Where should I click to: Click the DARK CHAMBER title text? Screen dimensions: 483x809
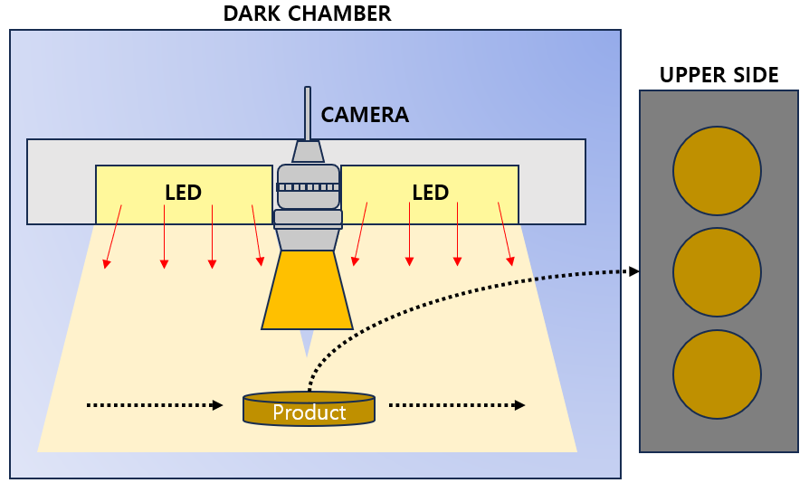coord(308,14)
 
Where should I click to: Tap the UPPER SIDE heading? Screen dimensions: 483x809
coord(719,75)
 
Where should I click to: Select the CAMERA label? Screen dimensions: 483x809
coord(365,115)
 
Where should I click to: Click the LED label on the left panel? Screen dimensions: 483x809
coord(183,193)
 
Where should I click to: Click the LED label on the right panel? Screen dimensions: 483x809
coord(430,193)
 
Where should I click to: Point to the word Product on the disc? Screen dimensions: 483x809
coord(309,412)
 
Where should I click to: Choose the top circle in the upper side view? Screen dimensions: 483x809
coord(717,171)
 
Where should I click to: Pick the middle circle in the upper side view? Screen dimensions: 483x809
coord(717,272)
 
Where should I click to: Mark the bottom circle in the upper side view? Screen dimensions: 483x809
coord(717,374)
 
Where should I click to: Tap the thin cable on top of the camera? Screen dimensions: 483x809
coord(308,113)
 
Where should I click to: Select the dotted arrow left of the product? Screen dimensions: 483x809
coord(154,405)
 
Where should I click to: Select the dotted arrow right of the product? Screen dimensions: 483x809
coord(456,405)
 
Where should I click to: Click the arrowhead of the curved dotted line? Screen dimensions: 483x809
coord(634,271)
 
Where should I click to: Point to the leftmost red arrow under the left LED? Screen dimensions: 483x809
coord(113,236)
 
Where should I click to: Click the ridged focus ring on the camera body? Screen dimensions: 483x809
coord(308,187)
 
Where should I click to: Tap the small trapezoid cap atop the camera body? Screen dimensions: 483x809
coord(308,151)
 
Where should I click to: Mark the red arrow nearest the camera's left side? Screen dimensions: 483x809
coord(257,235)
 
